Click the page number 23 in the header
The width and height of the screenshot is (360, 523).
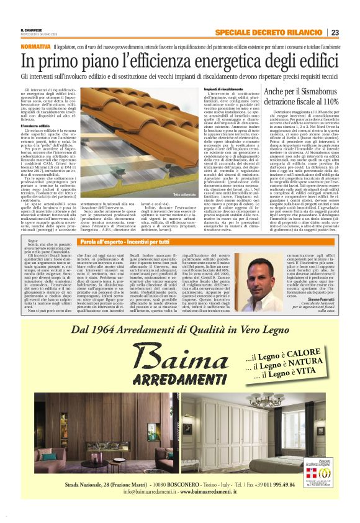pos(335,33)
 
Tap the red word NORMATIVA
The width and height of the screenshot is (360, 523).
pos(34,47)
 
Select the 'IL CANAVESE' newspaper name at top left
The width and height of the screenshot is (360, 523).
pos(32,30)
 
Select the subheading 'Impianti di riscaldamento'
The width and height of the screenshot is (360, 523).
pos(220,89)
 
